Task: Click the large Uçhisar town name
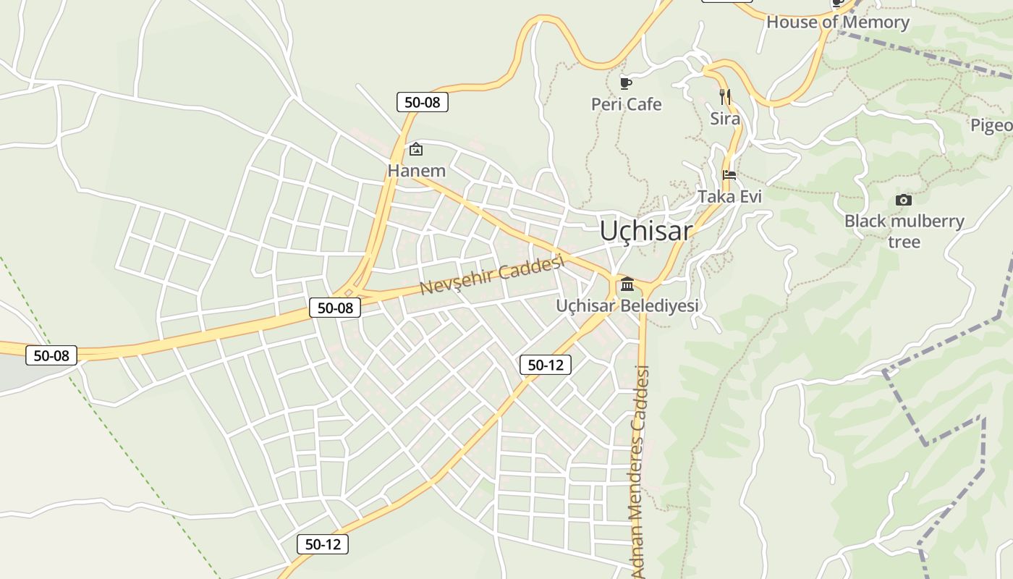pos(645,231)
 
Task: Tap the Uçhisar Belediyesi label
pos(627,305)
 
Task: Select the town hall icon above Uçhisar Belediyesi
pos(627,284)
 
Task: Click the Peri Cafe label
pos(627,104)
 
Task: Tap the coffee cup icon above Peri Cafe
pos(626,83)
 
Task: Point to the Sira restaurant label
pos(725,118)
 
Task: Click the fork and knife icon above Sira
pos(724,96)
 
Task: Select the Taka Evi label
pos(729,196)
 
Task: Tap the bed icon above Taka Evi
pos(729,175)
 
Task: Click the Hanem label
pos(416,171)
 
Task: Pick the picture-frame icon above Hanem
pos(416,150)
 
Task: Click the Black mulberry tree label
pos(904,231)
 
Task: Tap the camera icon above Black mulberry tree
pos(904,200)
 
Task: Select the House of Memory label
pos(837,22)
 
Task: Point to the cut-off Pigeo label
pos(991,125)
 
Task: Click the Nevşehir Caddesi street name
pos(491,276)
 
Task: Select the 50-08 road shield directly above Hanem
pos(423,102)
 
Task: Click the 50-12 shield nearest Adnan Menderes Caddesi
pos(546,365)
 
